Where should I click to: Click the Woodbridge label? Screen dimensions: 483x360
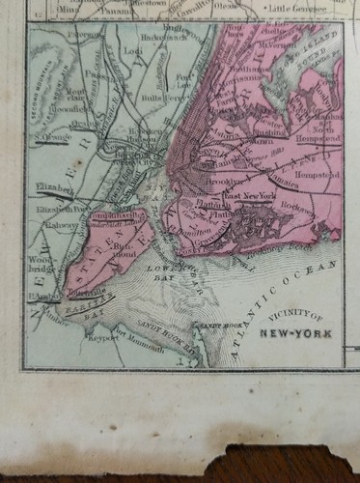42,264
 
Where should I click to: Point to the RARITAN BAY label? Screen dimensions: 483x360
87,295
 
